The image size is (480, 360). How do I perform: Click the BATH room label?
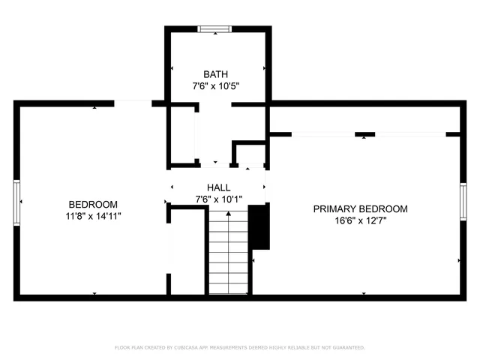(217, 73)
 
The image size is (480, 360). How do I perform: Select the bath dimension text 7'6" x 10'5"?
(217, 86)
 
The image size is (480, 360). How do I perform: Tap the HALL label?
(218, 187)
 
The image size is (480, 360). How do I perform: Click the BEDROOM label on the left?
(93, 204)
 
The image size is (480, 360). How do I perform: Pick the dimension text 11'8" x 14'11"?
(93, 216)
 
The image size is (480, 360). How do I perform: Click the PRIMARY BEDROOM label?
(360, 208)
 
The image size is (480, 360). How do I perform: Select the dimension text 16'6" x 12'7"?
(360, 221)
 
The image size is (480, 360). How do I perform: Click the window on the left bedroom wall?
(16, 202)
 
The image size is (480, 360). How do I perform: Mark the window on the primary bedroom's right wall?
(463, 202)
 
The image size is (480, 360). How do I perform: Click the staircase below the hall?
(228, 253)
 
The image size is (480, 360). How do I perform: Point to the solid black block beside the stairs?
(259, 226)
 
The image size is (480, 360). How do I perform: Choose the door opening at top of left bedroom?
(133, 103)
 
